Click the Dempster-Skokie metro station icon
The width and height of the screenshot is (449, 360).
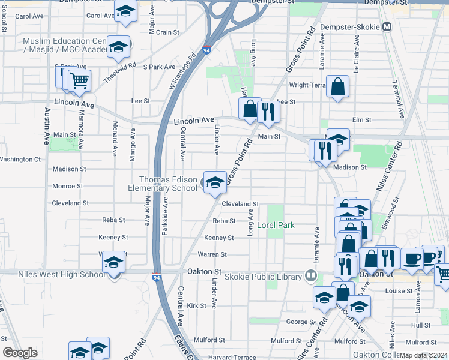pyautogui.click(x=387, y=27)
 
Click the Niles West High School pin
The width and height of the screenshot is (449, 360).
pyautogui.click(x=114, y=263)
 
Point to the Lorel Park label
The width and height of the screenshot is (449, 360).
pyautogui.click(x=276, y=226)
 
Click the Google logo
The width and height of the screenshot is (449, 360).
pyautogui.click(x=20, y=353)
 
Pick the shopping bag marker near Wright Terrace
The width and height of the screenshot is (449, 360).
pyautogui.click(x=338, y=87)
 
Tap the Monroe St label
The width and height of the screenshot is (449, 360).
pyautogui.click(x=67, y=186)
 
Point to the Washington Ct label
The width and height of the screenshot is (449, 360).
pyautogui.click(x=20, y=160)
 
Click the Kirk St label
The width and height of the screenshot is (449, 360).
pyautogui.click(x=196, y=305)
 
